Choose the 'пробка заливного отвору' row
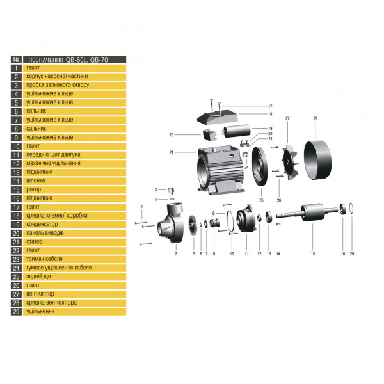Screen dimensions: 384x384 58,84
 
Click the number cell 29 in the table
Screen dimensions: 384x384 17,311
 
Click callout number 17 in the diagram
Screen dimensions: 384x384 270,106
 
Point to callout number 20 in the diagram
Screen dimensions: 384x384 172,135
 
